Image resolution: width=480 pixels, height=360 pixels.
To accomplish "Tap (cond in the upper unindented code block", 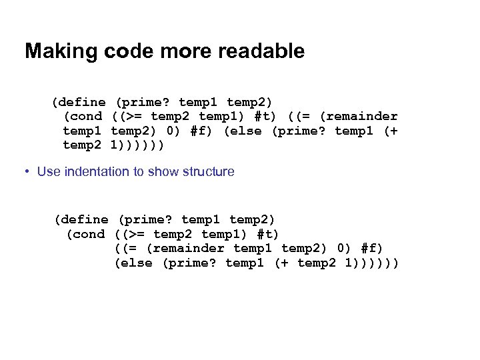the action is point(83,117).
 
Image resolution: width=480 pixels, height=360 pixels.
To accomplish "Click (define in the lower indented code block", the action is point(81,219).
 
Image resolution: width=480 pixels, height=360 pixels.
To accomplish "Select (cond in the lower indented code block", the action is point(85,234).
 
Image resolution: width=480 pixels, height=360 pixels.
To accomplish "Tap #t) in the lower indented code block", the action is point(268,234).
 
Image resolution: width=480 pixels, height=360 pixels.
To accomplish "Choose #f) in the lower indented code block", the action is point(372,249).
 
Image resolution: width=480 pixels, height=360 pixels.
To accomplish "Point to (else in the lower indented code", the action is point(134,263).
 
